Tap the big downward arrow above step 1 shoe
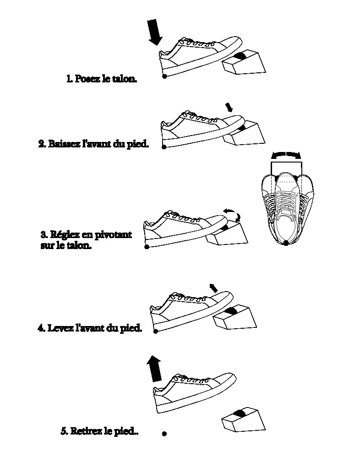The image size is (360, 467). [155, 32]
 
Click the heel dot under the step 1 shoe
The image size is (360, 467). [164, 76]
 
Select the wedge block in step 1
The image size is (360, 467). [244, 63]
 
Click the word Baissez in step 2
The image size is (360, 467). [64, 144]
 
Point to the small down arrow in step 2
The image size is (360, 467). [229, 107]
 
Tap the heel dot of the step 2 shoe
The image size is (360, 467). [164, 147]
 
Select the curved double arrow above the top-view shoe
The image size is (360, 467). [286, 154]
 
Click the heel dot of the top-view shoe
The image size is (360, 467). [286, 243]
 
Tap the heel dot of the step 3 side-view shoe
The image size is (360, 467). [147, 247]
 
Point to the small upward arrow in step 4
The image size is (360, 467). [213, 288]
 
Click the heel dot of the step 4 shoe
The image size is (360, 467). [156, 331]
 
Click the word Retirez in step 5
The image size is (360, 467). [88, 431]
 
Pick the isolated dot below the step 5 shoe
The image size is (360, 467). [164, 433]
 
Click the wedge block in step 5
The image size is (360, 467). [243, 419]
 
